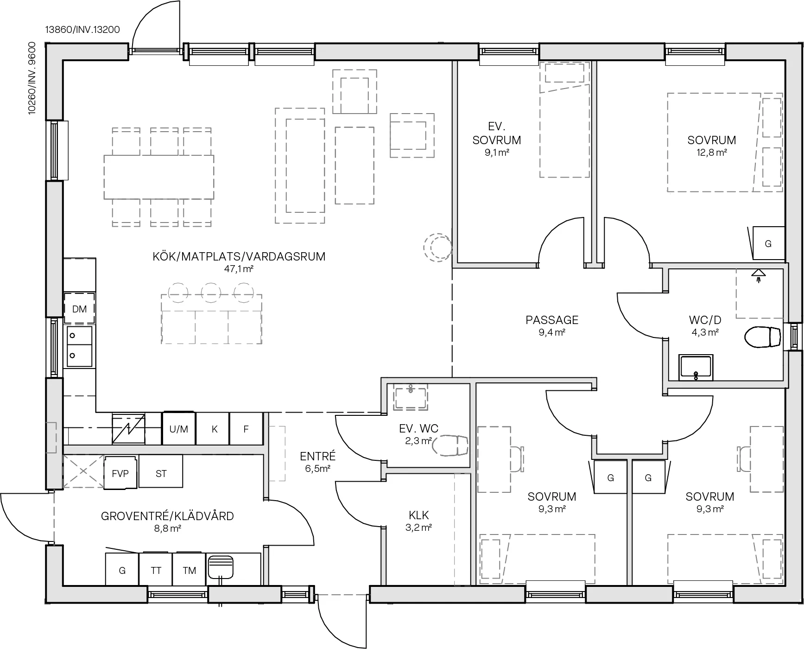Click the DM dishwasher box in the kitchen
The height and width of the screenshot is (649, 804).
point(79,309)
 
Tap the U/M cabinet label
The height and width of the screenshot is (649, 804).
point(178,429)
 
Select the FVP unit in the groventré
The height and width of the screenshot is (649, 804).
point(120,473)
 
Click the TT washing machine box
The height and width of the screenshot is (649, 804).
point(156,570)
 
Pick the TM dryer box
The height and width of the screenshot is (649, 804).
point(189,570)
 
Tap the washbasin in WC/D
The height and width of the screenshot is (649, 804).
point(696,368)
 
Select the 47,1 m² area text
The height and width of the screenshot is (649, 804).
point(239,269)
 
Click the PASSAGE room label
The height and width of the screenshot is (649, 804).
point(552,320)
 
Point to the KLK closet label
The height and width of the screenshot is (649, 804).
point(419,515)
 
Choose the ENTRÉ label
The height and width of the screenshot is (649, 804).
point(317,456)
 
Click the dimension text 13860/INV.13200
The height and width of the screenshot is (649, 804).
point(82,30)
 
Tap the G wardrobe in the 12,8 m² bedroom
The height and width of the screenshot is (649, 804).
point(768,243)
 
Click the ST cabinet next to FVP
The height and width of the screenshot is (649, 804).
point(161,473)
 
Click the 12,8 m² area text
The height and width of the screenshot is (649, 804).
point(711,153)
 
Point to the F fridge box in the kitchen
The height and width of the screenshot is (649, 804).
point(246,429)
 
